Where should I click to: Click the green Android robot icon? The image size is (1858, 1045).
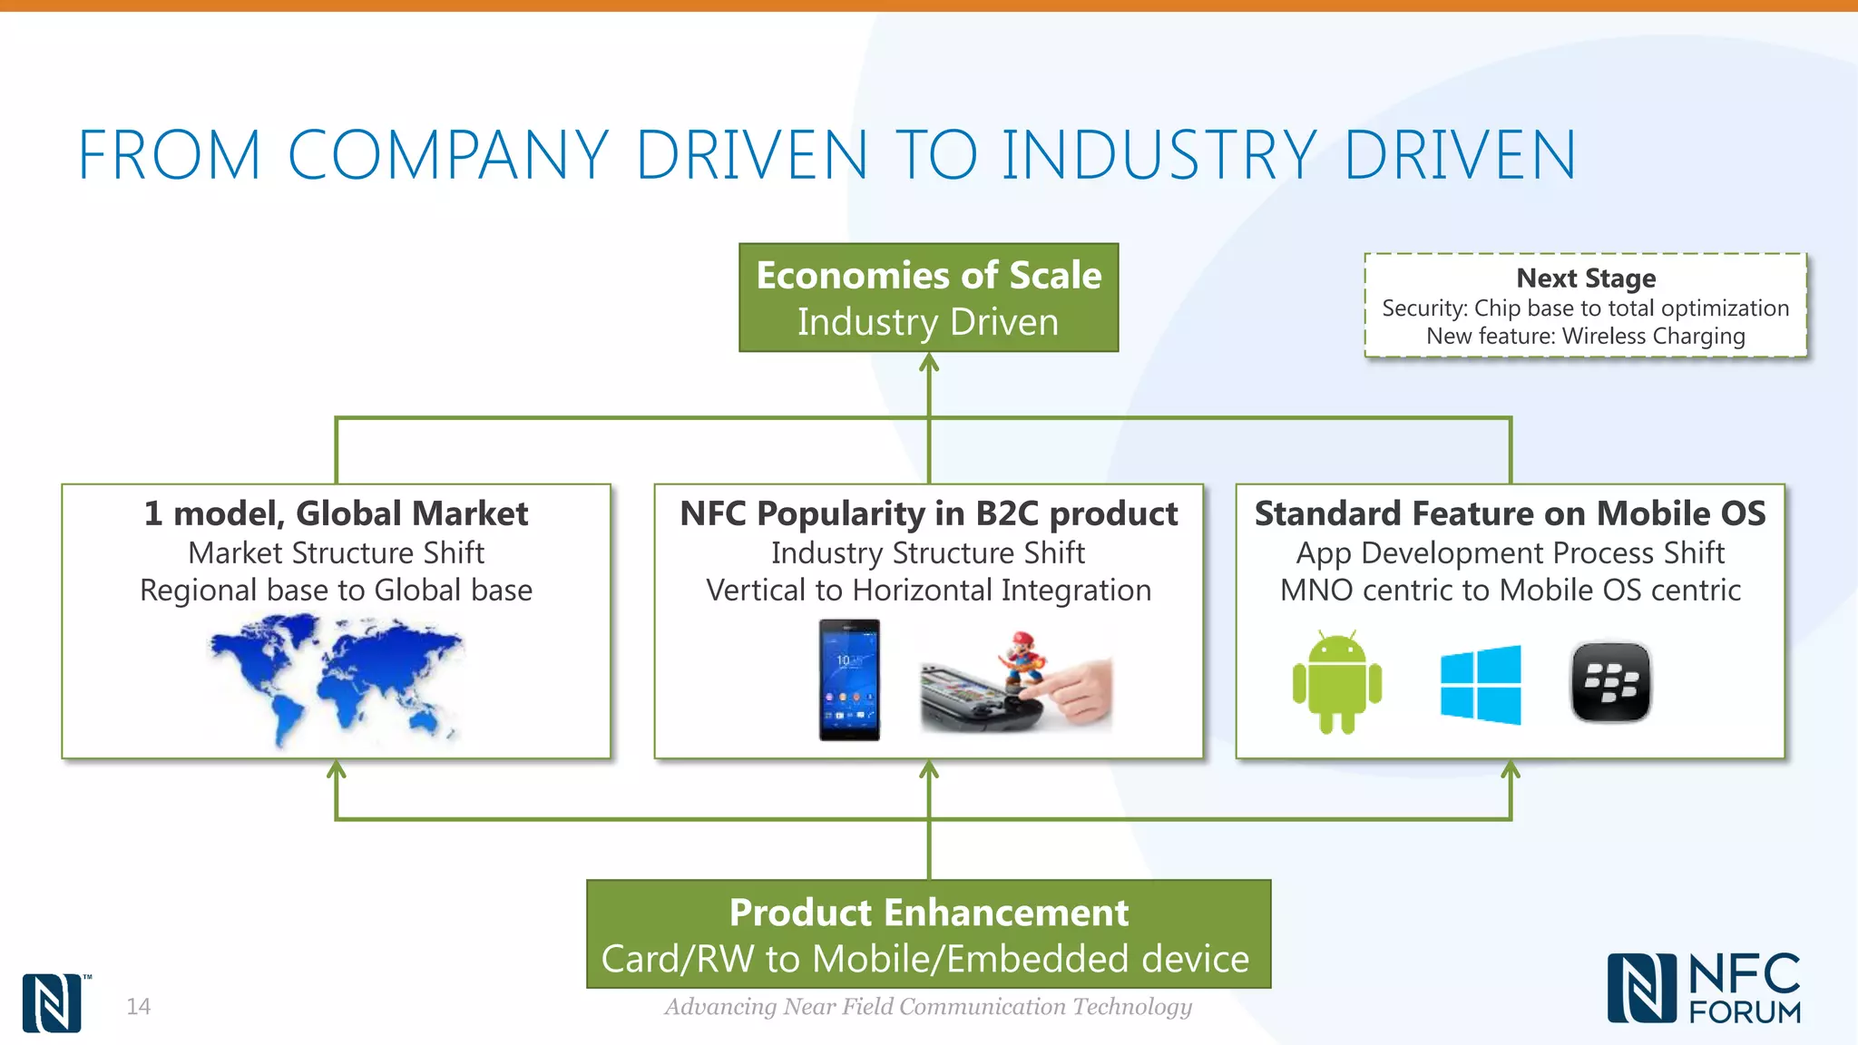[x=1336, y=683]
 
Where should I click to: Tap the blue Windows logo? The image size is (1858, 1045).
[x=1481, y=685]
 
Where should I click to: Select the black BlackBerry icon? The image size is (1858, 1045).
[x=1610, y=682]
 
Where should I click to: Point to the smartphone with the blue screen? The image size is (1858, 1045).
[x=849, y=679]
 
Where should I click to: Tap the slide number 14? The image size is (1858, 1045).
[x=138, y=1006]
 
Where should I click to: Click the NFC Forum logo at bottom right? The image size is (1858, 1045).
[x=1704, y=989]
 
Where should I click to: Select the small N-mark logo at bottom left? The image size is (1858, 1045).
[x=52, y=1003]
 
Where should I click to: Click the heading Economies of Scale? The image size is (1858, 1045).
[x=928, y=276]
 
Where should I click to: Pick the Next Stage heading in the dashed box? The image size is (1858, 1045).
[x=1585, y=278]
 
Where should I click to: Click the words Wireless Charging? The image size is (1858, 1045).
[x=1653, y=337]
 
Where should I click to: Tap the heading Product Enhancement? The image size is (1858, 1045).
[x=928, y=913]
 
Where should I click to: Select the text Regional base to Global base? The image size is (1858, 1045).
[x=336, y=591]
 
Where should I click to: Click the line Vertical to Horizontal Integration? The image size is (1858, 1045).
[x=928, y=591]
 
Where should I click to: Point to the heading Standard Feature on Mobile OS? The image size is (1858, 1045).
[x=1510, y=513]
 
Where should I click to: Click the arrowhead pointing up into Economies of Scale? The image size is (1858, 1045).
[x=929, y=364]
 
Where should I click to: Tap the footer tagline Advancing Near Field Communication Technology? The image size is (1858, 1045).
[x=928, y=1006]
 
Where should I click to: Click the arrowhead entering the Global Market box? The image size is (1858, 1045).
[x=337, y=770]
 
